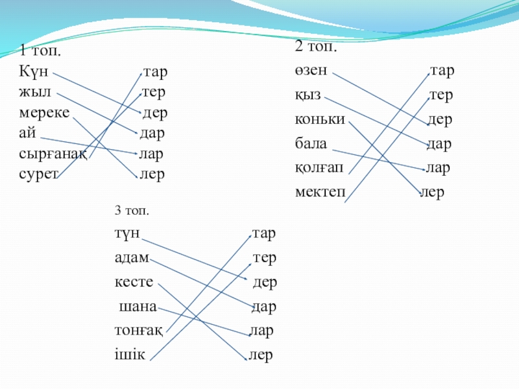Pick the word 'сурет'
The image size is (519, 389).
(39, 174)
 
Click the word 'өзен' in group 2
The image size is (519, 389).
(312, 70)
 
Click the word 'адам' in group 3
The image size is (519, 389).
(132, 258)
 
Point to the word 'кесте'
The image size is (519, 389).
(134, 282)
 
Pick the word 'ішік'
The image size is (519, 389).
(130, 355)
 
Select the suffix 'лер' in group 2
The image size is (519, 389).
(433, 193)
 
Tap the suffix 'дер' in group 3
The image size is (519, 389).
(265, 282)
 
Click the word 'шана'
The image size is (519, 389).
(138, 306)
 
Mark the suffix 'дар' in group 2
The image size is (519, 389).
(440, 143)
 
